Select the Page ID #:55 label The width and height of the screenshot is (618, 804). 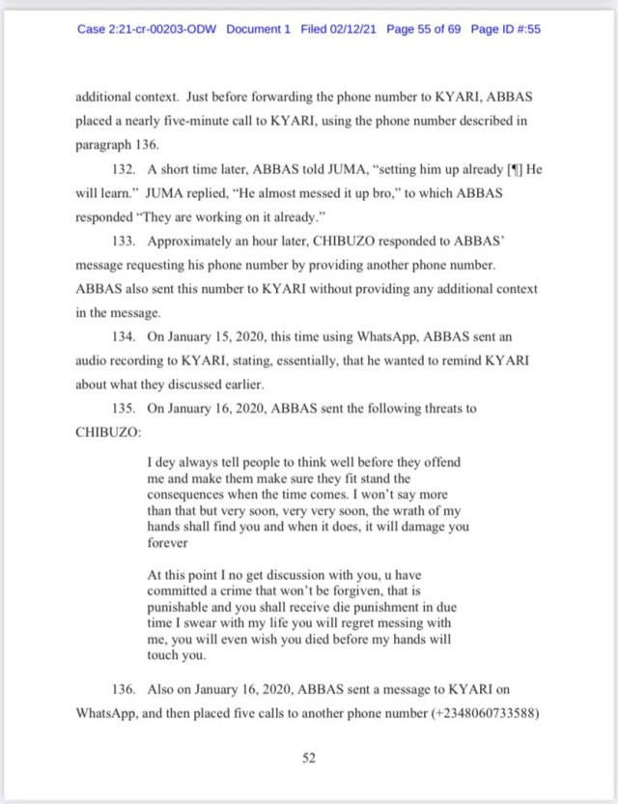pyautogui.click(x=505, y=29)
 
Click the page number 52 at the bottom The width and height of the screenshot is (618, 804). pyautogui.click(x=309, y=759)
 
